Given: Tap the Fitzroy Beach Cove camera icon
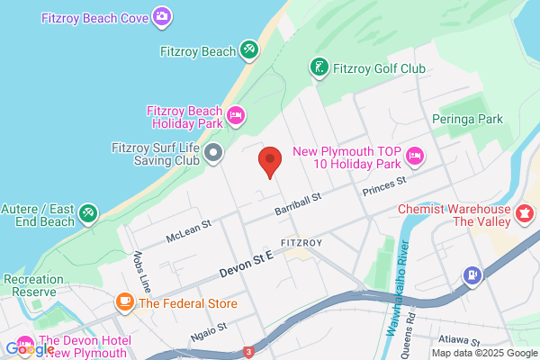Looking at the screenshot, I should (x=162, y=15).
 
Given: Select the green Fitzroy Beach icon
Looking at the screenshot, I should (x=249, y=51).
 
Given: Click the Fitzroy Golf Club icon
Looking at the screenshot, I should (x=319, y=67).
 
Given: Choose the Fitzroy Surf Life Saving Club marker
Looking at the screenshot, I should (x=213, y=152).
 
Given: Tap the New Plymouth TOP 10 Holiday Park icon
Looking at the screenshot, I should (x=415, y=156).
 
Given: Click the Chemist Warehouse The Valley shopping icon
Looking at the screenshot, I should (x=521, y=209).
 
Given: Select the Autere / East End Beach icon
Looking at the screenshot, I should (x=88, y=213).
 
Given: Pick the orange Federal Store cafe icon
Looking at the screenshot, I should (x=124, y=303).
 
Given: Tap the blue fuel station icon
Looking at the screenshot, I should (x=470, y=274).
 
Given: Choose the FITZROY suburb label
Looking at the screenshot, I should (x=301, y=243).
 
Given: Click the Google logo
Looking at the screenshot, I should (x=30, y=348).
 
